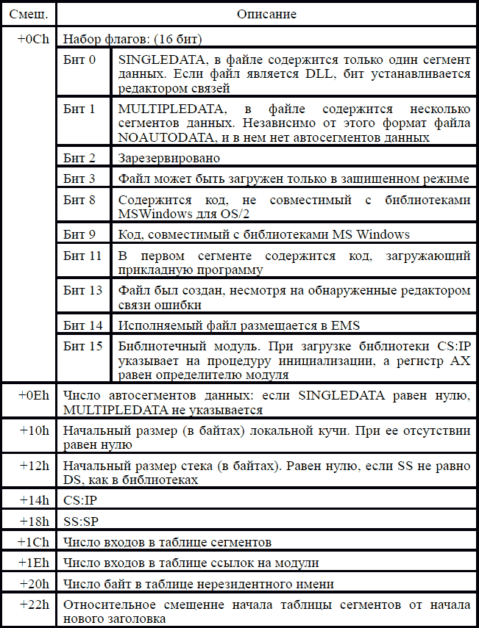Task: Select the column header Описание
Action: (266, 14)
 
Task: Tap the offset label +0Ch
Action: (34, 39)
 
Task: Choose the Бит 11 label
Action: (82, 255)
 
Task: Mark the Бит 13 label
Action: (82, 290)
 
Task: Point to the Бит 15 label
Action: (82, 346)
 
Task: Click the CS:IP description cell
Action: (82, 500)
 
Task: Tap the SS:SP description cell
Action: (82, 521)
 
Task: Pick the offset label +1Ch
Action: (34, 542)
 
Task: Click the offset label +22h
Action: (34, 604)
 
